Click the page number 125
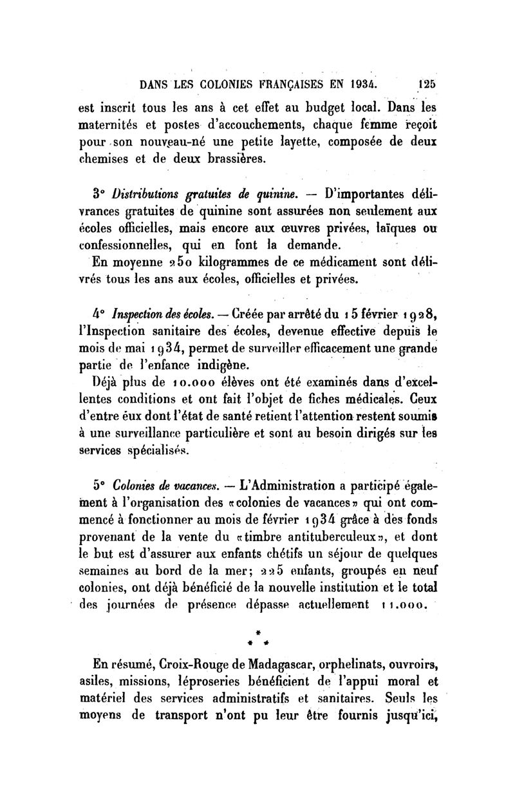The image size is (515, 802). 426,82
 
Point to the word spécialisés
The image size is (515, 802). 155,451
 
